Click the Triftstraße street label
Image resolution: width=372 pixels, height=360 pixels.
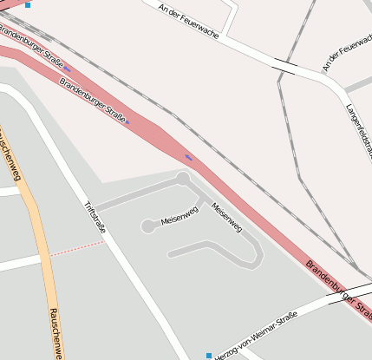94,218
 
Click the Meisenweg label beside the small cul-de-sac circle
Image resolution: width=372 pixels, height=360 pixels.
179,216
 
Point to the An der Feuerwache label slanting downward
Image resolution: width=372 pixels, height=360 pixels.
188,21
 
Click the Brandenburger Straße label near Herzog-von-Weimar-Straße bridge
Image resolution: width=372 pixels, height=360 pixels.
339,285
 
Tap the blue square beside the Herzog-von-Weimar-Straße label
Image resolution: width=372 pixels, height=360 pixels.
208,355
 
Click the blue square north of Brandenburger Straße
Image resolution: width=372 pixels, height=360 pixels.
27,4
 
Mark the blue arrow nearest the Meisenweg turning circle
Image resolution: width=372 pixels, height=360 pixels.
188,158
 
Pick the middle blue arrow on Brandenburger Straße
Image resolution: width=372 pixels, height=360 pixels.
127,121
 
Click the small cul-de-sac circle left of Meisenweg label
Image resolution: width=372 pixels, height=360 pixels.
147,226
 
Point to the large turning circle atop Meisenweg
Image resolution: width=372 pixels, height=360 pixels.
183,179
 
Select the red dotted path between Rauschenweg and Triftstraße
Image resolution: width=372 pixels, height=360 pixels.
76,248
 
